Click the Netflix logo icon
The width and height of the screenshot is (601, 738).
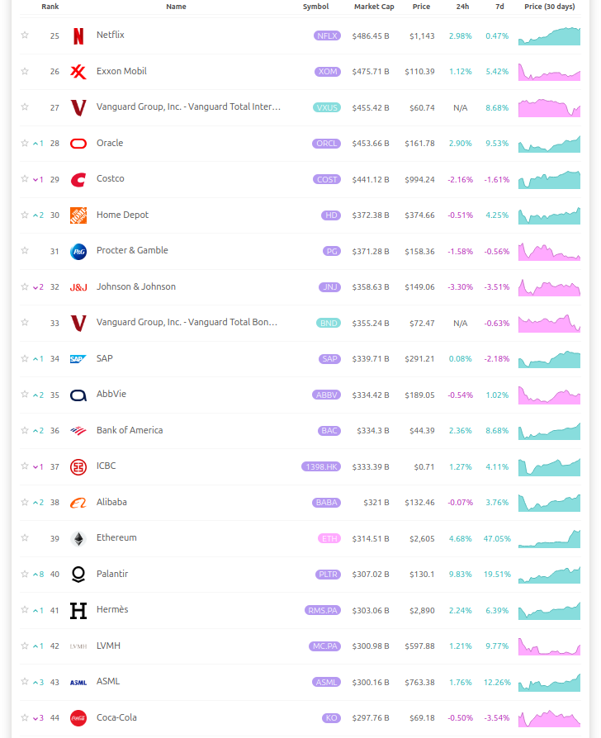click(x=78, y=35)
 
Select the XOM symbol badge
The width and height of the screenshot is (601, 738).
click(x=328, y=72)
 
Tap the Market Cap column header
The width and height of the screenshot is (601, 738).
click(x=374, y=7)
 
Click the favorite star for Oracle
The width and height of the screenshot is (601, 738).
click(x=25, y=143)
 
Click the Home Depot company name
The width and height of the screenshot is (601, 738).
click(x=123, y=215)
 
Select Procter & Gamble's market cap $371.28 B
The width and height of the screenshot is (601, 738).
click(x=370, y=251)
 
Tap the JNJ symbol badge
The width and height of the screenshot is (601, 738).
click(x=329, y=287)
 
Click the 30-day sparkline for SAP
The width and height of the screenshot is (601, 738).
click(x=549, y=359)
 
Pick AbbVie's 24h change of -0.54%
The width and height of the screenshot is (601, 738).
click(x=460, y=395)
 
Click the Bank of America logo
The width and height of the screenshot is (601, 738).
click(x=78, y=430)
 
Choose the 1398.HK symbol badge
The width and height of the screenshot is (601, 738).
click(x=321, y=466)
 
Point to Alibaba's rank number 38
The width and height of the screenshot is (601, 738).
click(x=54, y=502)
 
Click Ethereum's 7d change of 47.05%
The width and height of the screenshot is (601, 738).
click(x=497, y=538)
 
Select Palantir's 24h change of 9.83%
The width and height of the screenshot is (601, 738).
click(x=460, y=574)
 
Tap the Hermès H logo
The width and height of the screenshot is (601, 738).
click(x=78, y=610)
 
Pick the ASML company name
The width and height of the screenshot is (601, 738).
click(x=108, y=681)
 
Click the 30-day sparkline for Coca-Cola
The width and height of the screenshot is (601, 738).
click(x=549, y=718)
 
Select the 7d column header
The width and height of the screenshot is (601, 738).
click(x=499, y=7)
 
